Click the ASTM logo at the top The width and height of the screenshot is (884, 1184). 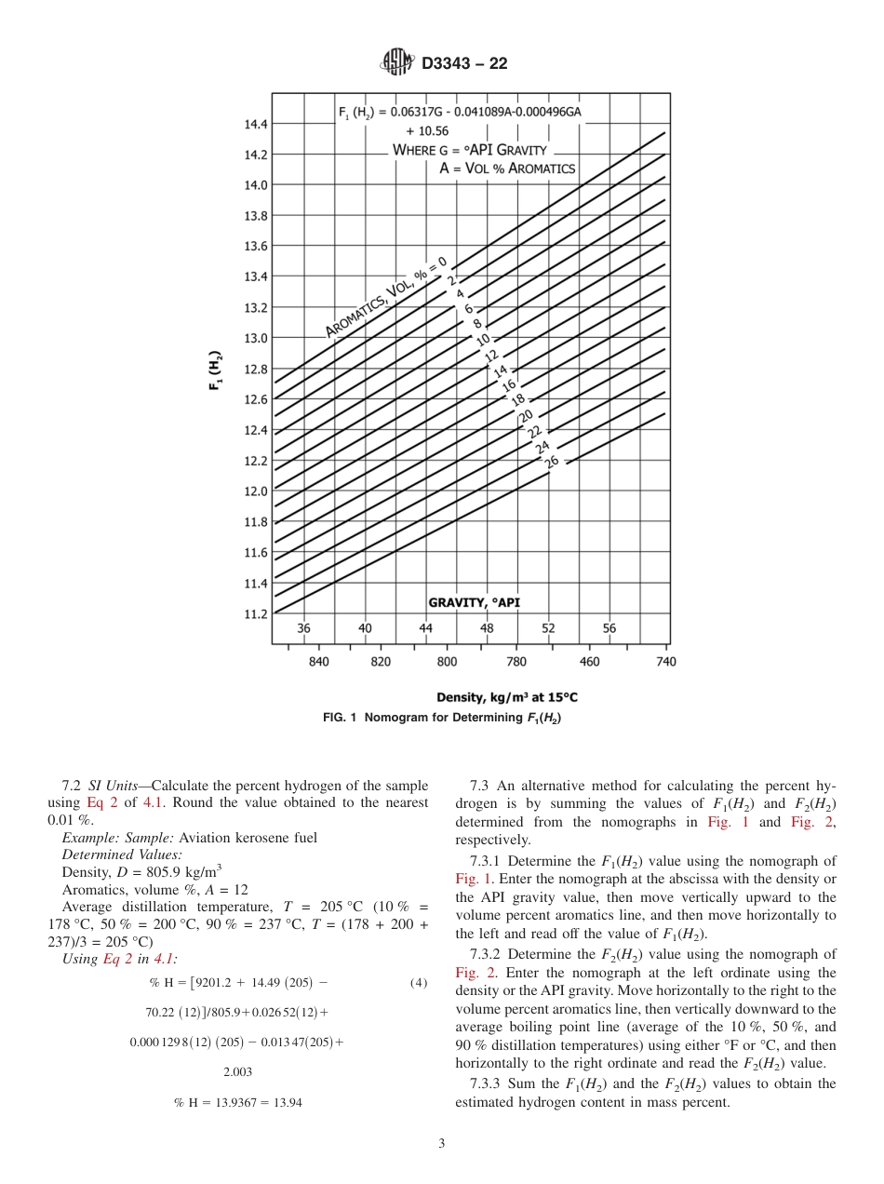[x=396, y=63]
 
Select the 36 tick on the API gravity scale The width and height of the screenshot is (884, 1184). [x=303, y=628]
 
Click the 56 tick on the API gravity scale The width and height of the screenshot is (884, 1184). [x=610, y=628]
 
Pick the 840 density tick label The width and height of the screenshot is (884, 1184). [x=318, y=662]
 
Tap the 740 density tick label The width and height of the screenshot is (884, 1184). [x=665, y=662]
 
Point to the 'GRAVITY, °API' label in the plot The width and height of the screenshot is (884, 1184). [x=474, y=603]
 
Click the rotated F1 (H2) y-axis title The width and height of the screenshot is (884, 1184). [x=215, y=370]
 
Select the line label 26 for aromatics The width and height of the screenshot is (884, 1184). [x=551, y=462]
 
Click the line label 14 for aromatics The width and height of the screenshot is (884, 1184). [x=500, y=370]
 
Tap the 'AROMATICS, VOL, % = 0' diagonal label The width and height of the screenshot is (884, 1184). [x=386, y=296]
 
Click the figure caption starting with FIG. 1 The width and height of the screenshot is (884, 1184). [x=441, y=718]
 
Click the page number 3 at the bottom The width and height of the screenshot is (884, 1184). [x=441, y=1144]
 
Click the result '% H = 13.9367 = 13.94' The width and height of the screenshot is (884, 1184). [x=237, y=1102]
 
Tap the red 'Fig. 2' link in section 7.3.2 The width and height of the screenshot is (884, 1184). [x=471, y=973]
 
